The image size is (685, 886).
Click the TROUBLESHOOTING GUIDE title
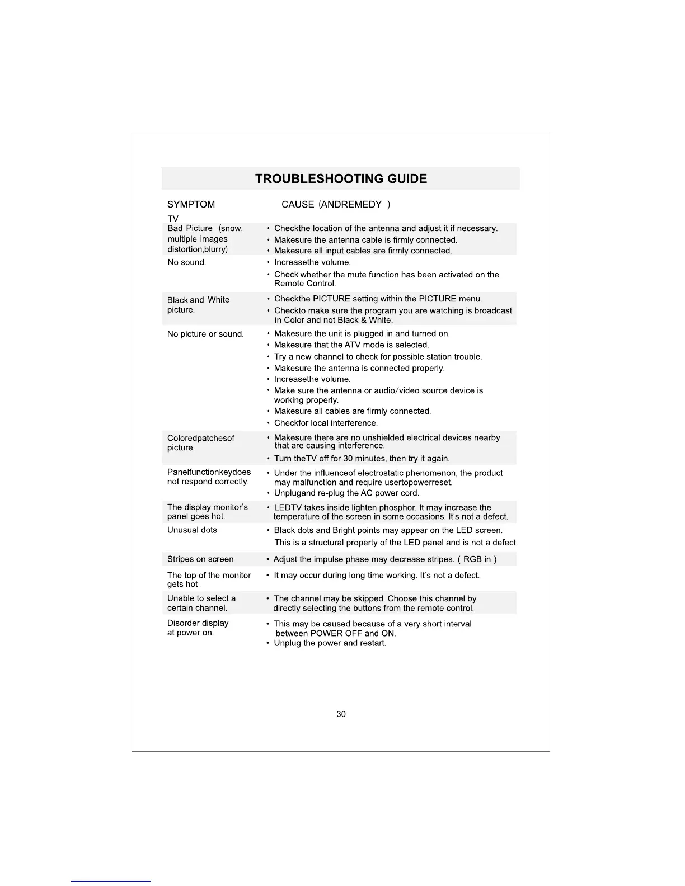(341, 179)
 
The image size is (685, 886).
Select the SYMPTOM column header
(191, 205)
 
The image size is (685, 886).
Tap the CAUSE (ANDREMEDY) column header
(335, 205)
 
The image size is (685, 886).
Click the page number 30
(341, 714)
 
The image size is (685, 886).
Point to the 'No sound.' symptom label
(186, 262)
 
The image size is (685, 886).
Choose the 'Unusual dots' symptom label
(192, 530)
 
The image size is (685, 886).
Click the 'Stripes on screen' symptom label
(200, 559)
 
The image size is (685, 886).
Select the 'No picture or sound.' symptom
(205, 334)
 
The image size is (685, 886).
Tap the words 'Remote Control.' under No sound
(304, 284)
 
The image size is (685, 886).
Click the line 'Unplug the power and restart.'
(330, 643)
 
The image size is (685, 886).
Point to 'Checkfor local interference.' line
(326, 423)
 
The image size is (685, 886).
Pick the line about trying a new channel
(378, 357)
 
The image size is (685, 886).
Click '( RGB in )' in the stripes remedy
(477, 559)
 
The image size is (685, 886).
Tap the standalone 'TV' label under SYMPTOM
(173, 219)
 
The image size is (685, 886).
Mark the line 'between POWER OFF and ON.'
(336, 634)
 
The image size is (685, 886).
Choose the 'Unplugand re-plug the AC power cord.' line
(346, 493)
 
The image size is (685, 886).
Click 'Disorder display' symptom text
(198, 623)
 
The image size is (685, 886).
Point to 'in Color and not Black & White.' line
(334, 321)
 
